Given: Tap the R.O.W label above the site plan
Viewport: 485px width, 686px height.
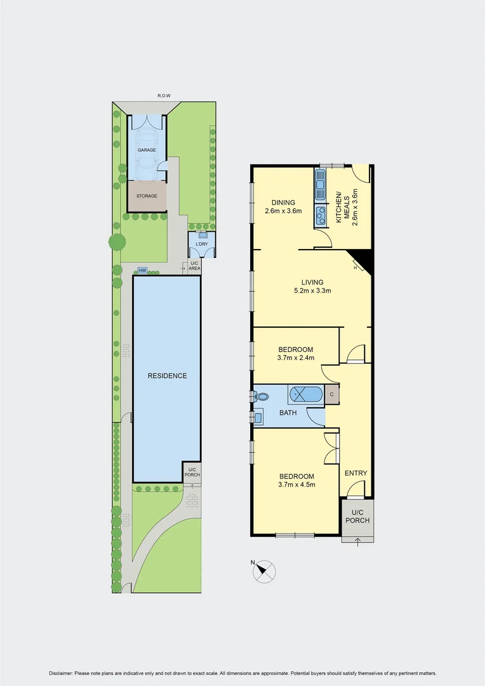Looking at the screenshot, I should point(164,96).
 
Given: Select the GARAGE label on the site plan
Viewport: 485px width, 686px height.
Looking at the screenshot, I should point(147,151).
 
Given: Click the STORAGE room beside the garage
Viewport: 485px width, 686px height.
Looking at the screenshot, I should point(147,196).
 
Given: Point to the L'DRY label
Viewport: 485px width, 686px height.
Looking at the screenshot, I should point(202,244).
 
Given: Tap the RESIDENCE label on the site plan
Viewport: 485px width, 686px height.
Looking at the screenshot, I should point(167,375).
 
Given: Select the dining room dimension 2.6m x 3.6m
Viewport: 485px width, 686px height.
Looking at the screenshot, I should point(283,212).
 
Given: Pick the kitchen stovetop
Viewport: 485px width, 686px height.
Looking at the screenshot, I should point(321,215).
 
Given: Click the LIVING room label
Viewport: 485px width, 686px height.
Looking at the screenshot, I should point(312,282).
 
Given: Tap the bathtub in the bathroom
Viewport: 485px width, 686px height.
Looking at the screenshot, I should point(306,394).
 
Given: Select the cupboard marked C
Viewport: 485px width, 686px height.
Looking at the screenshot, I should point(333,394).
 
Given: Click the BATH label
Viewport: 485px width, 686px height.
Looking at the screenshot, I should point(289,413).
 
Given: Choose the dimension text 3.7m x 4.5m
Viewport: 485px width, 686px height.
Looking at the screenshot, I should point(296,485).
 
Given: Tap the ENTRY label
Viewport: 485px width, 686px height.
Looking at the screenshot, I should point(355,473).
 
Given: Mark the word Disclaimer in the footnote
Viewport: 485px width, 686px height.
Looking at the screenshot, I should point(62,673).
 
